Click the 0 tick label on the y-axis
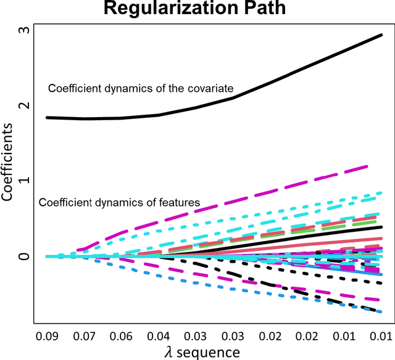click(25, 256)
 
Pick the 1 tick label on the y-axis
click(25, 181)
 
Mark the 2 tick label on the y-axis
click(25, 105)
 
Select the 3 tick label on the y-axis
click(25, 30)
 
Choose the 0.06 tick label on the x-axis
click(121, 336)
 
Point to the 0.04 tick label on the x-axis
click(158, 336)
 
